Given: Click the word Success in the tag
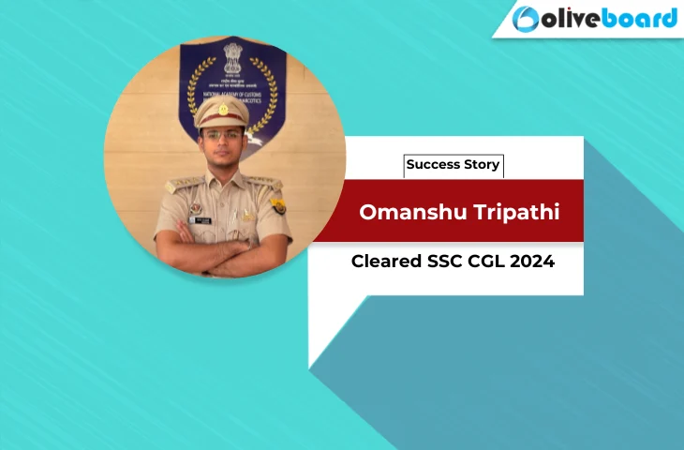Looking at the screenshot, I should click(434, 165).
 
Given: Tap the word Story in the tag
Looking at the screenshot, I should click(482, 165).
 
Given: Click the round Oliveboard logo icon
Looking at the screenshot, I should click(527, 19).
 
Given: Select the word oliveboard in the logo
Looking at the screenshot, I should click(608, 19).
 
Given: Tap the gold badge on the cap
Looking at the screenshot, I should click(222, 109).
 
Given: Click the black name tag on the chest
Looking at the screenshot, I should click(201, 219).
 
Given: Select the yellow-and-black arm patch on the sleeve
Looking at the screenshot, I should click(278, 205).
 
